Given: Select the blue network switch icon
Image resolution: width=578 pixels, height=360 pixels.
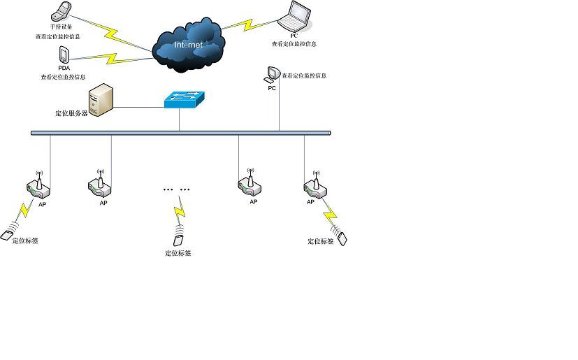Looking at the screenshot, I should (x=184, y=100).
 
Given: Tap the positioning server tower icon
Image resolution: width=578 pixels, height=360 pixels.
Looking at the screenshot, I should (x=101, y=99).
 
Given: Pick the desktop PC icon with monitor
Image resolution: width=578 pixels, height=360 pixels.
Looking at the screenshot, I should (x=272, y=74).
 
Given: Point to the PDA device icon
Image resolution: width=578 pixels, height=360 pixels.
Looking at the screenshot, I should (x=64, y=54).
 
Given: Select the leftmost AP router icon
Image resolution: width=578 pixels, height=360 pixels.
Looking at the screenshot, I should (x=38, y=185).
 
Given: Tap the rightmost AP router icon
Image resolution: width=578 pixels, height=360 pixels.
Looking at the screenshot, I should (x=314, y=185).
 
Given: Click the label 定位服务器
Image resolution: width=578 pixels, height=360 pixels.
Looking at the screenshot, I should (x=71, y=113).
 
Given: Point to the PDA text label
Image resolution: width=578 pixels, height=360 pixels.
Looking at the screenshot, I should (x=64, y=68).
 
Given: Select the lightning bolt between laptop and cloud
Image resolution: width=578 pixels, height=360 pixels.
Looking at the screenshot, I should (x=246, y=25).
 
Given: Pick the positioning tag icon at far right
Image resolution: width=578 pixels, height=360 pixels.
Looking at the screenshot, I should (x=342, y=238).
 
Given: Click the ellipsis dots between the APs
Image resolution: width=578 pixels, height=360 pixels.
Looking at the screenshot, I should (x=176, y=189).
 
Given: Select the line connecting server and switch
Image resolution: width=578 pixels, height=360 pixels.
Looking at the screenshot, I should (x=138, y=107).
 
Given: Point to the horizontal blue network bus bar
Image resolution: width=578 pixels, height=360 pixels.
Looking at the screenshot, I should (x=180, y=133).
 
